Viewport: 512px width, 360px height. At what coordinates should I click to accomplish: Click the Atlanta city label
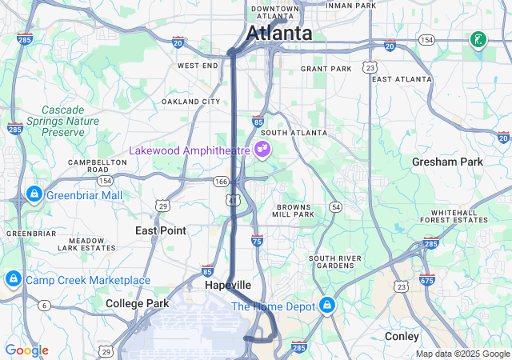pyautogui.click(x=279, y=34)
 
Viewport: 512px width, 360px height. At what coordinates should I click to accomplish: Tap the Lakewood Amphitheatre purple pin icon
pyautogui.click(x=262, y=149)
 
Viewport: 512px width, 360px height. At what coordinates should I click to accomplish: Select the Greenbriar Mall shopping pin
pyautogui.click(x=34, y=194)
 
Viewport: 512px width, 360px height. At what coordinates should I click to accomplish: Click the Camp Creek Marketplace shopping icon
pyautogui.click(x=13, y=279)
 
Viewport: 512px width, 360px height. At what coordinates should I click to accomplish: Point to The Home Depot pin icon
pyautogui.click(x=327, y=306)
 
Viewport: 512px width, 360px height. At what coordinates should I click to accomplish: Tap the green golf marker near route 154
pyautogui.click(x=478, y=40)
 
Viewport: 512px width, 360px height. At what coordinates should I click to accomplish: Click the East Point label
pyautogui.click(x=160, y=230)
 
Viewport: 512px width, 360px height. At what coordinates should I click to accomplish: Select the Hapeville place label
pyautogui.click(x=227, y=285)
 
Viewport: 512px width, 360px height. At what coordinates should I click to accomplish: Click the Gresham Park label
pyautogui.click(x=447, y=162)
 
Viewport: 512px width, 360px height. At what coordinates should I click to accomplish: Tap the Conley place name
pyautogui.click(x=402, y=336)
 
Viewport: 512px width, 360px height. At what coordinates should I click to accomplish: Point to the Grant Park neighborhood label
pyautogui.click(x=326, y=69)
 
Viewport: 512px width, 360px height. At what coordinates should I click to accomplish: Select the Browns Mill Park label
pyautogui.click(x=294, y=210)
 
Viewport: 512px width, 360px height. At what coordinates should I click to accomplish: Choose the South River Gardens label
pyautogui.click(x=335, y=262)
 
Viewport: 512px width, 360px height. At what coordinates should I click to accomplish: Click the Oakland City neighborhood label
pyautogui.click(x=190, y=102)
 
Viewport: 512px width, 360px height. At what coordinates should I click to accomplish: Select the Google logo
pyautogui.click(x=26, y=350)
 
